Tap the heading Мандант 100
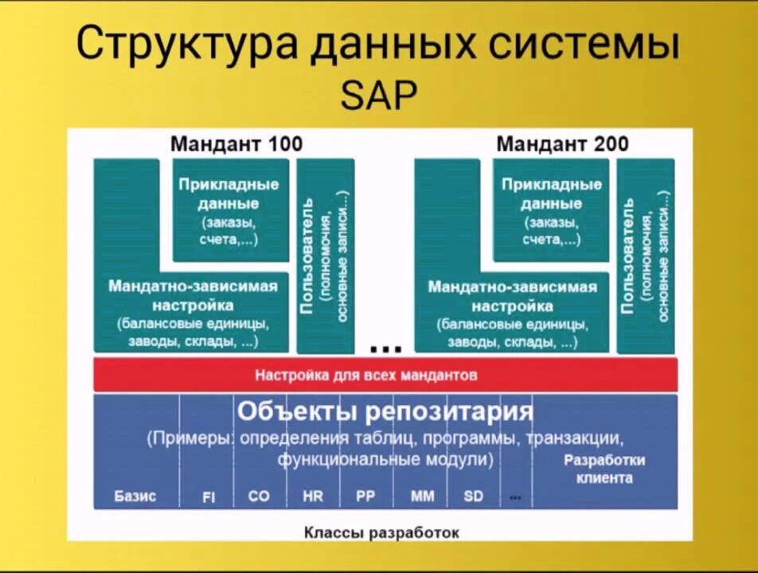coord(236,144)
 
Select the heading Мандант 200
coord(562,144)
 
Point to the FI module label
coord(209,497)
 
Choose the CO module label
coord(259,496)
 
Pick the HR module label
coord(313,496)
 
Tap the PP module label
coord(365,496)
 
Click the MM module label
coord(423,496)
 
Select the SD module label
coord(474,496)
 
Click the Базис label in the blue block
coord(135,496)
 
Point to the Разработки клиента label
coord(604,469)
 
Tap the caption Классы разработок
coord(381,532)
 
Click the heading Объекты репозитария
coord(385,411)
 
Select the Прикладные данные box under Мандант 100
coord(229,210)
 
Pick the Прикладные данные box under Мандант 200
coord(551,210)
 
